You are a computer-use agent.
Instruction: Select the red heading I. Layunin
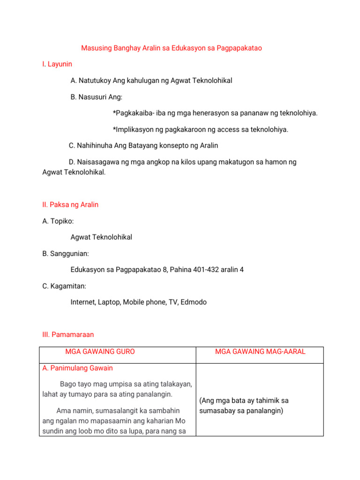pyautogui.click(x=57, y=64)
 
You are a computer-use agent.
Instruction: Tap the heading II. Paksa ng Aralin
pyautogui.click(x=70, y=205)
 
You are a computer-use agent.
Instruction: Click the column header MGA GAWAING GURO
pyautogui.click(x=100, y=352)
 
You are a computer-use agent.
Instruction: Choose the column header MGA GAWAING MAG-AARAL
pyautogui.click(x=260, y=352)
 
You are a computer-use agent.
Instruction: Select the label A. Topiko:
pyautogui.click(x=58, y=221)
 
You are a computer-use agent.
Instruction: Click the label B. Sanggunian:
pyautogui.click(x=66, y=254)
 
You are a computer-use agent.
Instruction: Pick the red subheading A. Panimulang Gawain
pyautogui.click(x=77, y=368)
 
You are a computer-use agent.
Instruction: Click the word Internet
pyautogui.click(x=83, y=302)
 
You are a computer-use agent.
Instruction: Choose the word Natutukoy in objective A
pyautogui.click(x=94, y=81)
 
